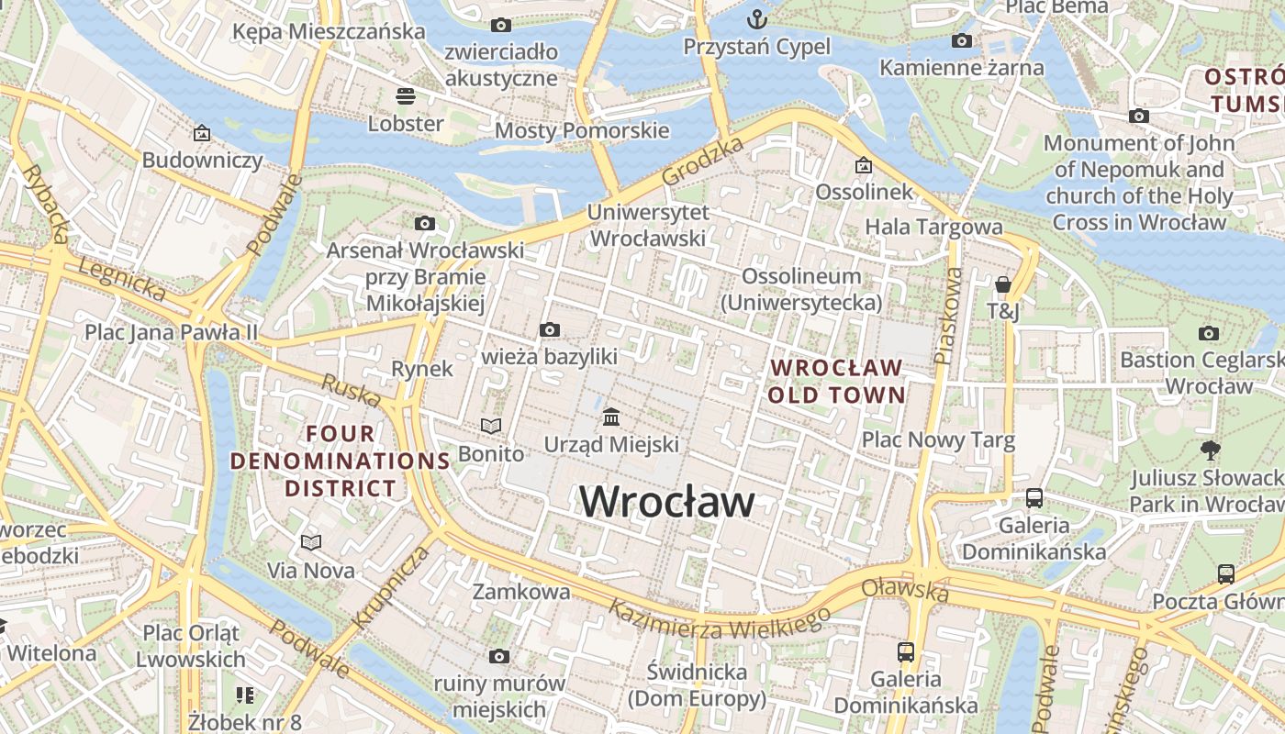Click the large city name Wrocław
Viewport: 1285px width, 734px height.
(667, 502)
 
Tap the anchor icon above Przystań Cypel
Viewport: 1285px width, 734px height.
(756, 18)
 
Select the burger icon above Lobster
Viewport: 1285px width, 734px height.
(406, 95)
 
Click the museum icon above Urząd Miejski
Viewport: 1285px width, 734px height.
(611, 417)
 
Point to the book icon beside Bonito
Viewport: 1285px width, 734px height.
(491, 426)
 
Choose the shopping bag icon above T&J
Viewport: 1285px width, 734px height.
(1003, 284)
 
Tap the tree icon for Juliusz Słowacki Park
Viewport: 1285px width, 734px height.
(1211, 450)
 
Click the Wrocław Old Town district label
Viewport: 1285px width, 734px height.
(836, 382)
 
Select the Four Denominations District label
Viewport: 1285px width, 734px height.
(340, 461)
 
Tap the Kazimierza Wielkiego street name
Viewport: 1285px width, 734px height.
(720, 621)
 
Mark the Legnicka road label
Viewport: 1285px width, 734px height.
(122, 279)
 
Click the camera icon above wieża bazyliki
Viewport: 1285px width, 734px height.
(550, 329)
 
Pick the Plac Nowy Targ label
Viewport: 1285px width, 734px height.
(937, 440)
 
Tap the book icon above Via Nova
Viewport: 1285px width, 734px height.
(311, 542)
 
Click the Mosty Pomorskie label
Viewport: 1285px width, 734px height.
(582, 130)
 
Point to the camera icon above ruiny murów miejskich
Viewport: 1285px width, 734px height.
(498, 656)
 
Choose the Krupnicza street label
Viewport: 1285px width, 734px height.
(390, 587)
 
